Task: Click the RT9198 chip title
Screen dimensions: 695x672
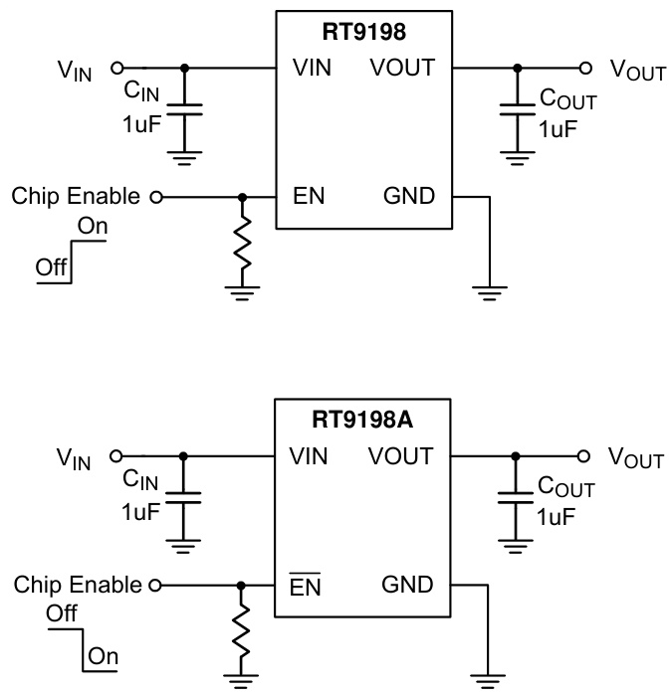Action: (362, 31)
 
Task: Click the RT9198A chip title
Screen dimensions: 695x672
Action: (362, 422)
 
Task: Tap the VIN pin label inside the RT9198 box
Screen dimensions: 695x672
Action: (314, 68)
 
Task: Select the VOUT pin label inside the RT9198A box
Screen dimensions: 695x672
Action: (401, 456)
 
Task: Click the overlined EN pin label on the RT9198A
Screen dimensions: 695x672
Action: (307, 587)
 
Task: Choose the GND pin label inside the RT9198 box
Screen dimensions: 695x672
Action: (409, 196)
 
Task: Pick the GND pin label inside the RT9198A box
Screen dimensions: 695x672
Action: (408, 586)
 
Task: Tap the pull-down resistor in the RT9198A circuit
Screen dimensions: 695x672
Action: (242, 635)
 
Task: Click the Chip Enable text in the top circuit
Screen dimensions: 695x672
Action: (76, 196)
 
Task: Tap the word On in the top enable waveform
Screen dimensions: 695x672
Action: (93, 227)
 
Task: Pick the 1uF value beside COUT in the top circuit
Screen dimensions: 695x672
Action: (557, 129)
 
